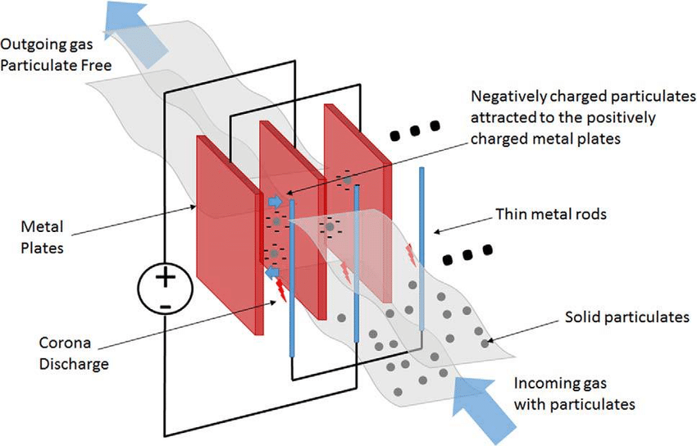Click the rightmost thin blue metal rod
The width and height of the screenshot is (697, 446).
click(421, 246)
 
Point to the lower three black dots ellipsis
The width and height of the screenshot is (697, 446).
click(468, 255)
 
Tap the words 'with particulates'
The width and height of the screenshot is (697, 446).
click(575, 403)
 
